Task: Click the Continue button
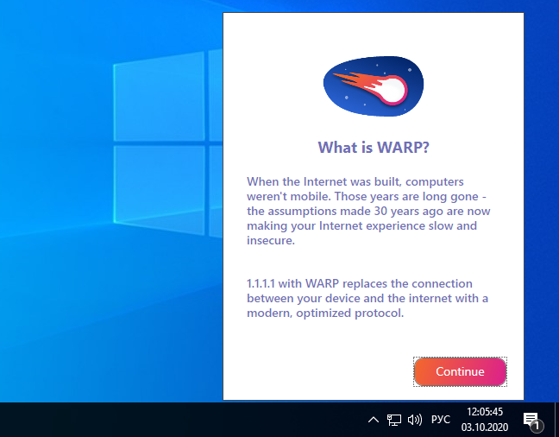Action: (460, 371)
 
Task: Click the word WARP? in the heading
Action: (403, 148)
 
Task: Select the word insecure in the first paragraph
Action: (270, 240)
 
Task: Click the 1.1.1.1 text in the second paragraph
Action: (261, 283)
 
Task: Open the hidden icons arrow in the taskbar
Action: (374, 420)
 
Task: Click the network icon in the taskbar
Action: (394, 420)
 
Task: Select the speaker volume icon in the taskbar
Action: (415, 420)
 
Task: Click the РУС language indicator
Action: (441, 419)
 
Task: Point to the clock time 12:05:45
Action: (485, 412)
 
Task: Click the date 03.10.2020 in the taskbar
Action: (485, 427)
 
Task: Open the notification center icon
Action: (532, 421)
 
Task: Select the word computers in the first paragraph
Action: (434, 182)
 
